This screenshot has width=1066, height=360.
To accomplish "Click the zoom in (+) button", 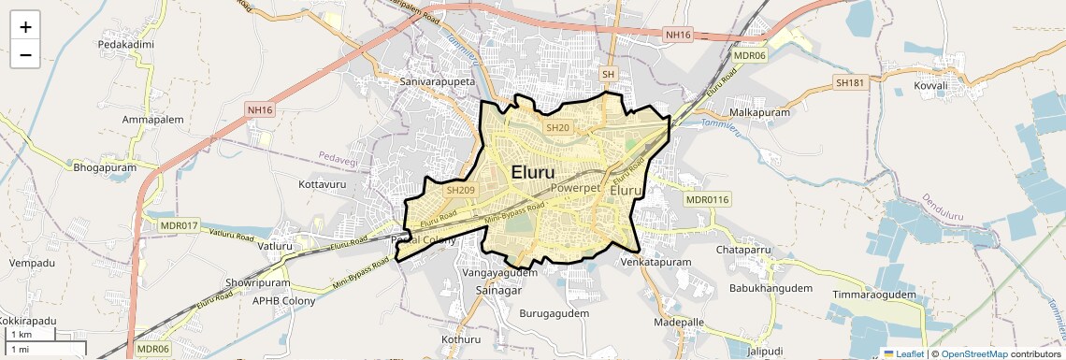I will [x=25, y=26].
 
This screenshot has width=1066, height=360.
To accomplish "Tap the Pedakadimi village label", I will [x=125, y=44].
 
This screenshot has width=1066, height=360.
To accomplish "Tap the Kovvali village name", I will [x=930, y=86].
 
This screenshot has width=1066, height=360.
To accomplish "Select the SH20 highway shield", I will [x=557, y=127].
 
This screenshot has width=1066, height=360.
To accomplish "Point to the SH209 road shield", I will [x=461, y=190].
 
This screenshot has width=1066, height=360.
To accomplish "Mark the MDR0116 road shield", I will [x=707, y=199].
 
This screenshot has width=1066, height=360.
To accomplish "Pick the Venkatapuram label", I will [x=656, y=263].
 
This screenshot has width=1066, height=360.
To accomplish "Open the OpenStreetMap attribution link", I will [x=973, y=354].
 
